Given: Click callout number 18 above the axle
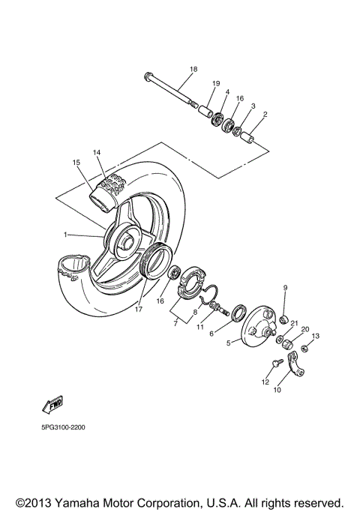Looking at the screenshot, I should tap(193, 69).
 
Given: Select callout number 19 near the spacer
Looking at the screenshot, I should tap(215, 82).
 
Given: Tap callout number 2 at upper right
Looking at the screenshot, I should tap(264, 115).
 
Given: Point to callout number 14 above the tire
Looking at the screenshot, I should tap(96, 152).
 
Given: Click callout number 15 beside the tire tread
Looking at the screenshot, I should tap(76, 163).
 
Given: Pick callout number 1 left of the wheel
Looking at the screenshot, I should tap(65, 235).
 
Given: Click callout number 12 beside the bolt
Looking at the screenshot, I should tap(264, 382).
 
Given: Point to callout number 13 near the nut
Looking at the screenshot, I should tap(316, 336).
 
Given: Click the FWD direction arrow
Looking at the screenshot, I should tap(52, 406).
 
